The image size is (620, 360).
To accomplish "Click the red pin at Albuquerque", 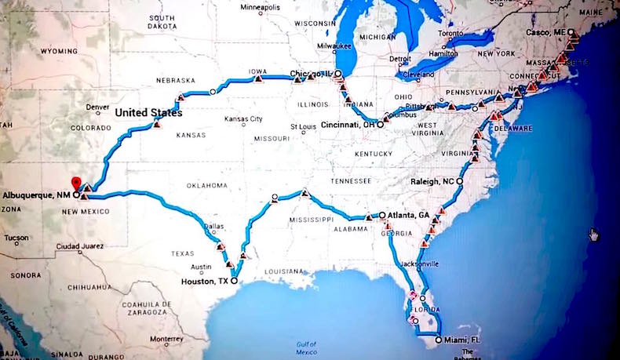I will pos(75,183).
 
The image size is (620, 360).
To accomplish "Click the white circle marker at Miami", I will pos(437,340).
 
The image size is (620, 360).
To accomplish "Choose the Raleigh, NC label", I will pos(432,181).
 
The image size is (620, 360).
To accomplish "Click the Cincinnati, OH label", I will pos(348,125).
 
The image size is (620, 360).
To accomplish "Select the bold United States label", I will pos(148,113).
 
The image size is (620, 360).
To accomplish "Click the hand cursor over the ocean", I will pos(594,234).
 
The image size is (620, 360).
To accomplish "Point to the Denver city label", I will pos(97,107).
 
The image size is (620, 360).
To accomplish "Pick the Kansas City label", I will pos(243,119).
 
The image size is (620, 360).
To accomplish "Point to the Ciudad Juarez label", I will pos(99,245).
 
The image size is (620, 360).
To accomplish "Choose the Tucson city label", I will pos(16,238).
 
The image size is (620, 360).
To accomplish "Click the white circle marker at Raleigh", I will pos(460,181).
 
